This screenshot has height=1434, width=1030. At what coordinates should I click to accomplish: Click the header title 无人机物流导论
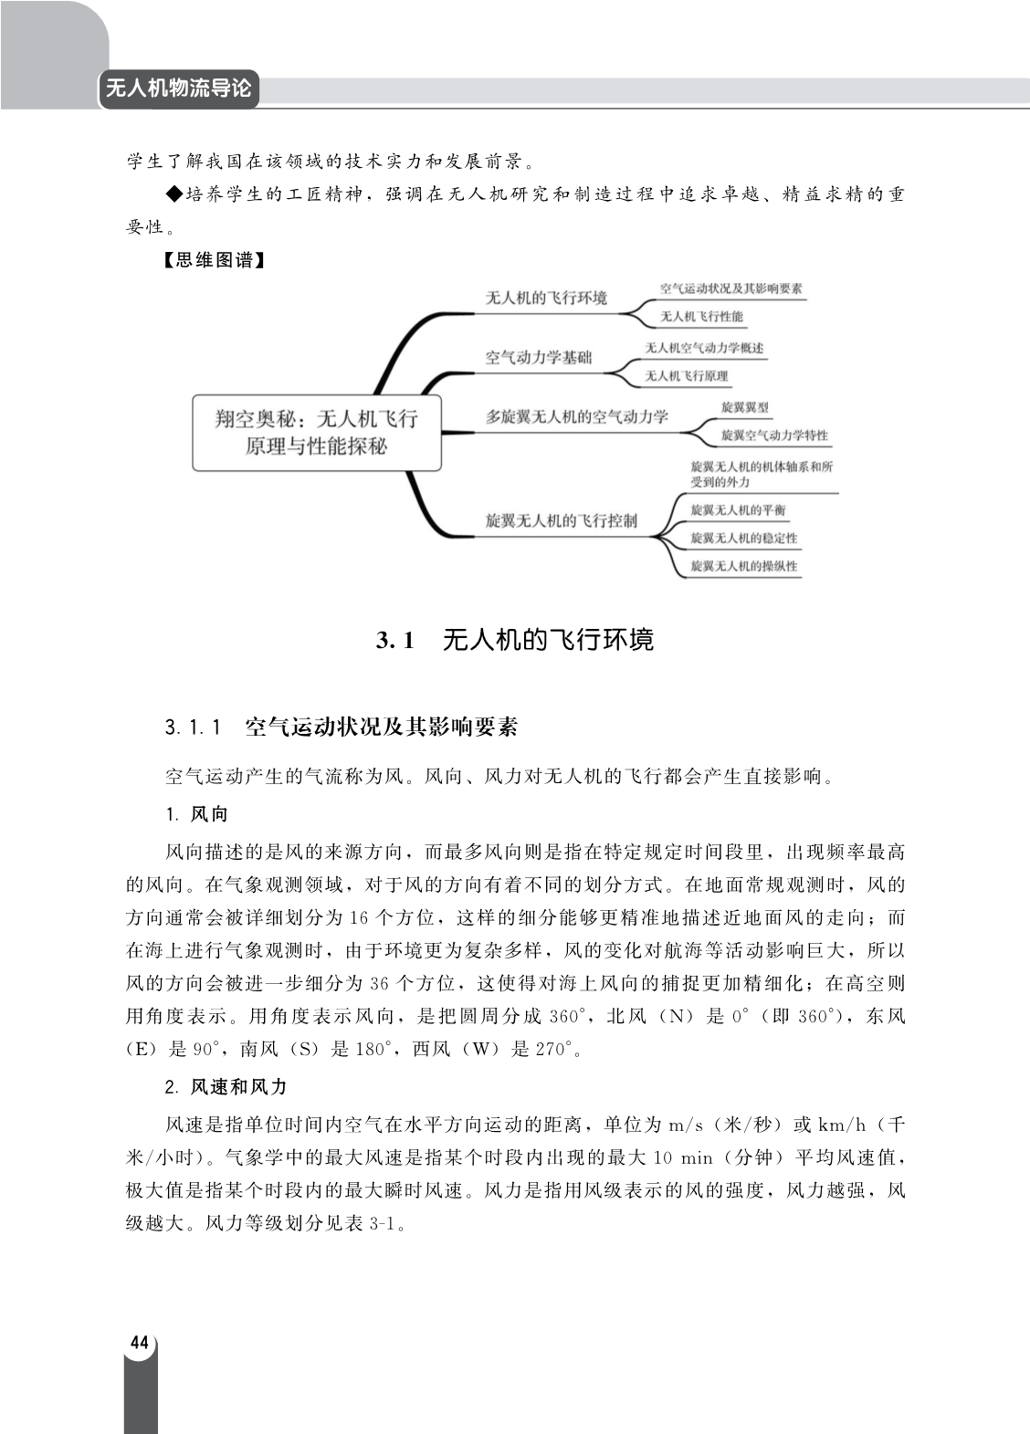[x=178, y=89]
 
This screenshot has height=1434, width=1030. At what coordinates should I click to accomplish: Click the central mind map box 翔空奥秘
[x=316, y=432]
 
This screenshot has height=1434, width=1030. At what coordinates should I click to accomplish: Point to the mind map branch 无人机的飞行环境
[x=546, y=298]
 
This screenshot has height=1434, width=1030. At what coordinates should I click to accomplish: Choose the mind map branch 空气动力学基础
[x=538, y=357]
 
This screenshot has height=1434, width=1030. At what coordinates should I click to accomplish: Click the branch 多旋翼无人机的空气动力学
[x=576, y=417]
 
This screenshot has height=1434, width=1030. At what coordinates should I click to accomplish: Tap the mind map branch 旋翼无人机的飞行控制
[x=561, y=521]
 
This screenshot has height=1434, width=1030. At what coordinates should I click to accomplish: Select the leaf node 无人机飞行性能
[x=701, y=317]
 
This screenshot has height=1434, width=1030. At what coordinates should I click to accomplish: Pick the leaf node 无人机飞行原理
[x=687, y=376]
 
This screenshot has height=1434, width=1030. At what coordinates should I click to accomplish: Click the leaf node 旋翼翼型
[x=744, y=407]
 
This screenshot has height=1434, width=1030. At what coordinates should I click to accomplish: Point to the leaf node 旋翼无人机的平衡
[x=738, y=510]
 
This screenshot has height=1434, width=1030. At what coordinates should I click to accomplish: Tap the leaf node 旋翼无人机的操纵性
[x=743, y=566]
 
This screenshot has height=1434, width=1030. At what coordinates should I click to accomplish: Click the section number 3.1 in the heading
[x=395, y=640]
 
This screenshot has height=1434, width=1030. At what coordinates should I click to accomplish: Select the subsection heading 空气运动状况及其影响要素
[x=381, y=727]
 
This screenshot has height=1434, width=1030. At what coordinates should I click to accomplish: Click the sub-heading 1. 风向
[x=196, y=813]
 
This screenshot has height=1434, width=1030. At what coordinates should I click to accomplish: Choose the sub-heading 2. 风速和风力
[x=226, y=1086]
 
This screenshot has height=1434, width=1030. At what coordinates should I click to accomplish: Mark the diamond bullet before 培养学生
[x=174, y=194]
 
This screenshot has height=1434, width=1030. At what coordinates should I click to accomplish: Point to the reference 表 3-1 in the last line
[x=376, y=1223]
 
